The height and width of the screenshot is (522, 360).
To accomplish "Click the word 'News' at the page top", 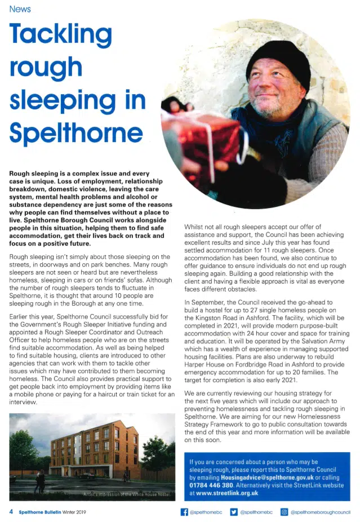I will pyautogui.click(x=20, y=9).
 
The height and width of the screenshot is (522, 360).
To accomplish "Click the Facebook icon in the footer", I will pyautogui.click(x=184, y=512).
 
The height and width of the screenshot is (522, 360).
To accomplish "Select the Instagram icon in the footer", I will pyautogui.click(x=285, y=512).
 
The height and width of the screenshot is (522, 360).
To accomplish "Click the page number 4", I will pyautogui.click(x=11, y=512).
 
